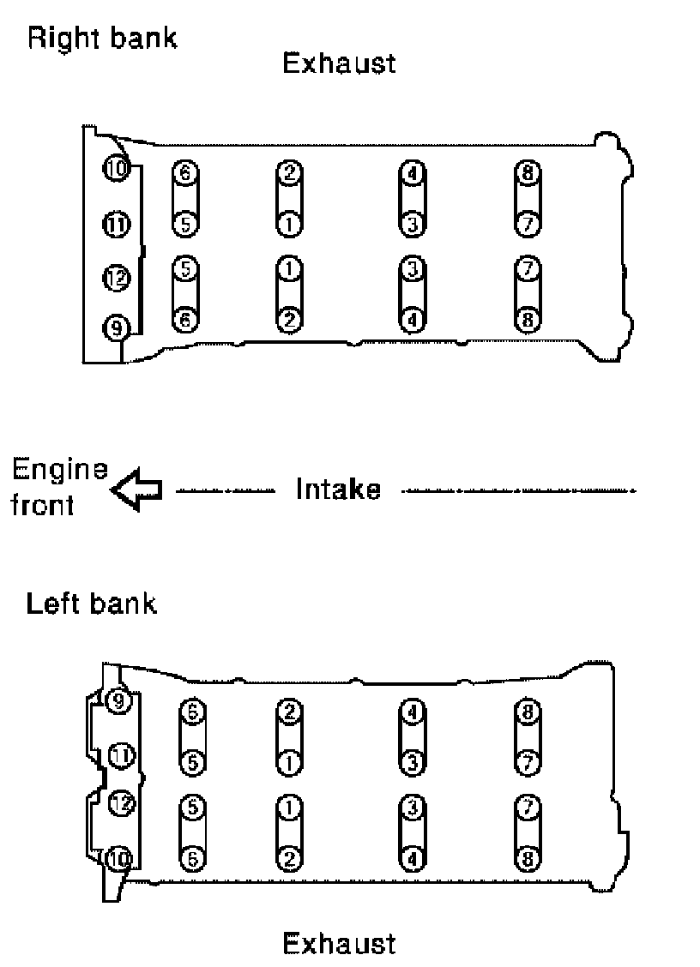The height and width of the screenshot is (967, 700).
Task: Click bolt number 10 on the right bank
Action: pyautogui.click(x=115, y=167)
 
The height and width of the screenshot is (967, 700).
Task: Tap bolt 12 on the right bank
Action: pyautogui.click(x=115, y=278)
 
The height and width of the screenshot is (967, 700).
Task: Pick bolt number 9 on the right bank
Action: pyautogui.click(x=115, y=327)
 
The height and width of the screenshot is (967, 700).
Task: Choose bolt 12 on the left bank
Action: pyautogui.click(x=122, y=803)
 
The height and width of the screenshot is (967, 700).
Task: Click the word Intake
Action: pyautogui.click(x=338, y=490)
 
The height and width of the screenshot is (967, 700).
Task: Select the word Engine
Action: pyautogui.click(x=60, y=471)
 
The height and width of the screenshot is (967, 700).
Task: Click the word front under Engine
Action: pyautogui.click(x=42, y=506)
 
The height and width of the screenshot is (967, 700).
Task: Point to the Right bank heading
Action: pyautogui.click(x=103, y=39)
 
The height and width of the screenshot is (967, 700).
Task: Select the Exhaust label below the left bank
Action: pyautogui.click(x=339, y=943)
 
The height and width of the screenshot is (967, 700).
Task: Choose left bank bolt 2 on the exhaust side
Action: pyautogui.click(x=289, y=856)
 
